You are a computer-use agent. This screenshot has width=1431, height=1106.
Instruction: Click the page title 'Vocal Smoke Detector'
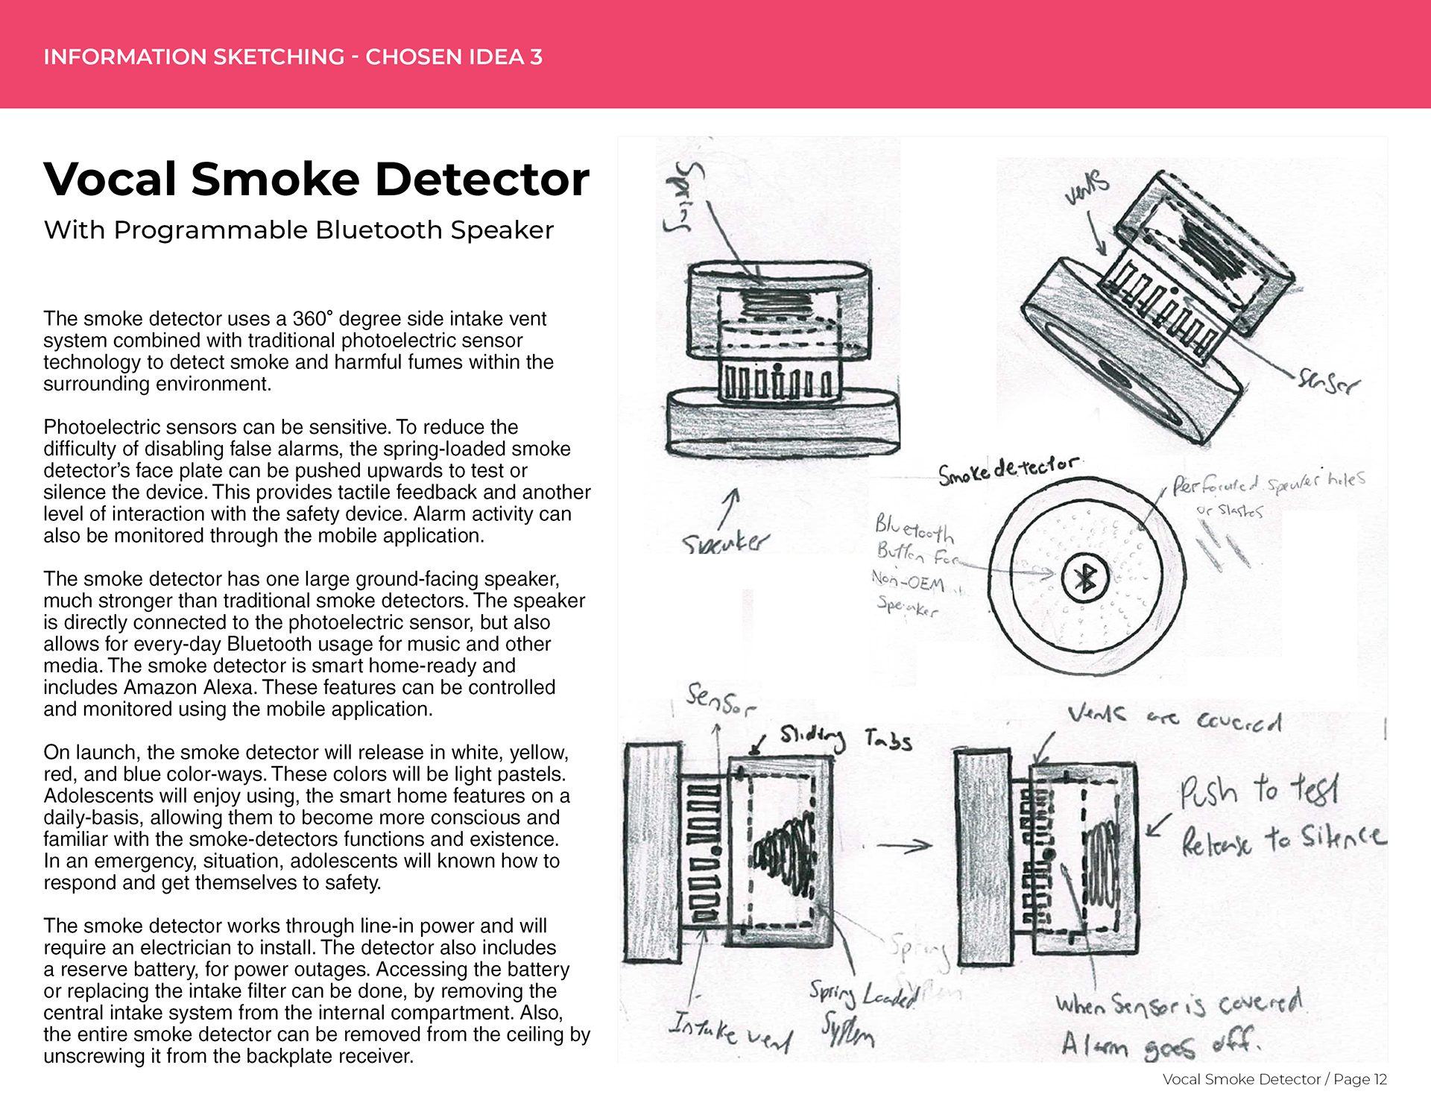[x=316, y=179]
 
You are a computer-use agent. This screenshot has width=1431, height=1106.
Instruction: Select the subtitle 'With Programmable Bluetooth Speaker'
[x=298, y=230]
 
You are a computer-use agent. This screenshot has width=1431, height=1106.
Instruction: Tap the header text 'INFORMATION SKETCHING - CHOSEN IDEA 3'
[x=293, y=57]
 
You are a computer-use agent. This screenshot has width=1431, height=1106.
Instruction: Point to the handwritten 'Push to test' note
[x=1259, y=790]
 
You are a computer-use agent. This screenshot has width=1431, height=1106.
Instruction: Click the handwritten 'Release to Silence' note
[x=1283, y=840]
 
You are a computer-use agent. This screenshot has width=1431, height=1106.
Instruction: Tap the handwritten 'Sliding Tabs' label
[x=846, y=738]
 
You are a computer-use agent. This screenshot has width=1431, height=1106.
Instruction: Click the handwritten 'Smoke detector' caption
[x=1008, y=470]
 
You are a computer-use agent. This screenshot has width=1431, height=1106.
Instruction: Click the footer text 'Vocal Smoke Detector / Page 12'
[x=1274, y=1079]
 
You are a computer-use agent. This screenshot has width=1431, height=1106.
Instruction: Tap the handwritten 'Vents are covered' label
[x=1174, y=718]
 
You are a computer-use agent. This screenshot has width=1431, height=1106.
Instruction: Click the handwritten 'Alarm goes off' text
[x=1160, y=1044]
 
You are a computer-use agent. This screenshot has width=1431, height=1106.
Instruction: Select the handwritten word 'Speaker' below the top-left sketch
[x=725, y=542]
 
